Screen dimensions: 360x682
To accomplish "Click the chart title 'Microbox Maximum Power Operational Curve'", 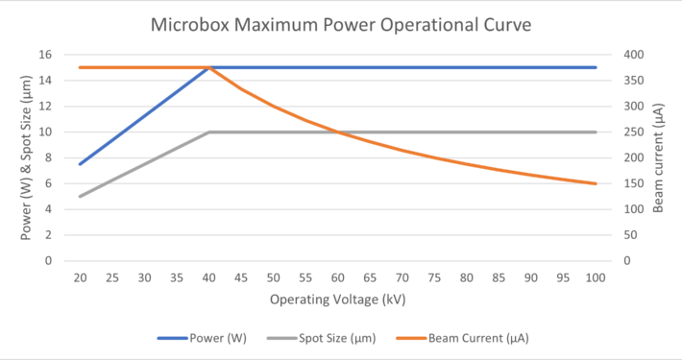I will (341, 24).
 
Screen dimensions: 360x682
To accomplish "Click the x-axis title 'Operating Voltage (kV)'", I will (338, 300).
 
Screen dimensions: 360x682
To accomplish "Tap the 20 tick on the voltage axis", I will (81, 277).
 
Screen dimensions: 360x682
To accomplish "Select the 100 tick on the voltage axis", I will (596, 277).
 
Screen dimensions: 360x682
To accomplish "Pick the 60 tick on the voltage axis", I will (338, 277).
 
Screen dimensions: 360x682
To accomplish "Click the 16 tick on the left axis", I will (44, 55).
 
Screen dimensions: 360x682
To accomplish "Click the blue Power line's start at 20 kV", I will (81, 164).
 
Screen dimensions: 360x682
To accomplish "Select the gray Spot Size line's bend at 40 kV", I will (209, 132).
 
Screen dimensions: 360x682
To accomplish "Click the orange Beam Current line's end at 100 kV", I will (596, 183).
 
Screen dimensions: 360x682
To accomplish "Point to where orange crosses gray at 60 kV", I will (338, 132).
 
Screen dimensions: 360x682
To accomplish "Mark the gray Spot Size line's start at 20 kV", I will (81, 196).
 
